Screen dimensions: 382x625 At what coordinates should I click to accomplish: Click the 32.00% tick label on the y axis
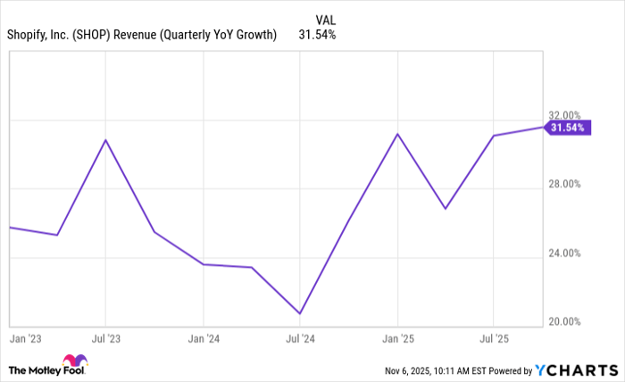[x=564, y=115]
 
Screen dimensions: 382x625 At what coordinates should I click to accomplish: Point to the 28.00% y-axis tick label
[x=564, y=184]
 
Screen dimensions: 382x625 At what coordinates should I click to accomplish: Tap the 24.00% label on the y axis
[x=564, y=253]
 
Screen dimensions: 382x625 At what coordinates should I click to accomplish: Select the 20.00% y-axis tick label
[x=564, y=321]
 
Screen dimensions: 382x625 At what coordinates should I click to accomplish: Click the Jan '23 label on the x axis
[x=24, y=339]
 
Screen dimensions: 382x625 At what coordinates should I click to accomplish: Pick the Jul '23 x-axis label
[x=106, y=339]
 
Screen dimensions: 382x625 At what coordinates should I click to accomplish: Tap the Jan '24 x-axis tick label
[x=204, y=339]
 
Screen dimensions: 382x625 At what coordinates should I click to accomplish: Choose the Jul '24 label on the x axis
[x=300, y=339]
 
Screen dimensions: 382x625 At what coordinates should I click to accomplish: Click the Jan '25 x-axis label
[x=397, y=339]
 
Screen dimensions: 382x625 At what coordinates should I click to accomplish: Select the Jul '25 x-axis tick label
[x=494, y=339]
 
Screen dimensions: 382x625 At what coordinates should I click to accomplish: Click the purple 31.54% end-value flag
[x=567, y=128]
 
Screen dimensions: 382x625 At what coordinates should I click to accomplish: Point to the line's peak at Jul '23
[x=106, y=140]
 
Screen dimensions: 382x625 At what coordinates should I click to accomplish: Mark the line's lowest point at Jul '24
[x=300, y=313]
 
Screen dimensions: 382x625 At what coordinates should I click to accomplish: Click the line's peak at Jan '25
[x=397, y=134]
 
